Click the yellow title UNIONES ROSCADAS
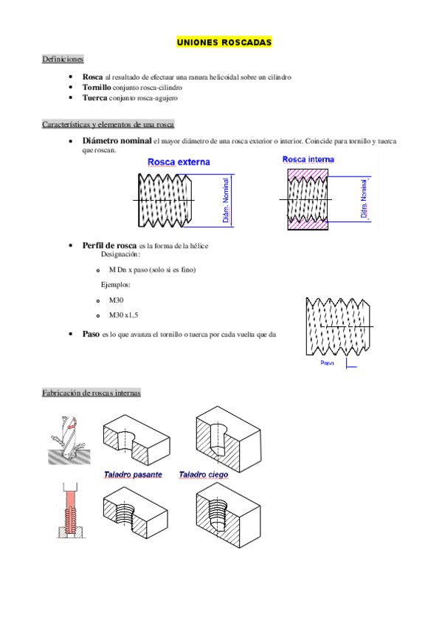click(x=224, y=42)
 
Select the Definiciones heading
click(x=63, y=59)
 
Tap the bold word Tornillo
click(x=97, y=87)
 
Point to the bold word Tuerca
click(x=94, y=97)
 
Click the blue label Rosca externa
click(x=179, y=162)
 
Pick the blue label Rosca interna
click(x=308, y=159)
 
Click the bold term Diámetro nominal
click(x=117, y=140)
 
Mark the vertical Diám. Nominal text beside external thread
click(x=226, y=200)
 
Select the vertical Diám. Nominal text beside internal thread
click(x=364, y=199)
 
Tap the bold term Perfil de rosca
click(x=109, y=246)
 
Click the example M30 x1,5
click(x=124, y=315)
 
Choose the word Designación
click(x=120, y=254)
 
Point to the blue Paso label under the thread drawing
click(x=327, y=363)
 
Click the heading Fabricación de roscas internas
click(x=91, y=393)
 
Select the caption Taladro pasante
click(x=133, y=474)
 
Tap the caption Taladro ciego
click(x=204, y=474)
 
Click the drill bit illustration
click(x=69, y=440)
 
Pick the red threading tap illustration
click(x=71, y=511)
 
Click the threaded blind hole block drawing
click(x=228, y=515)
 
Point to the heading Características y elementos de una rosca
click(x=108, y=124)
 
